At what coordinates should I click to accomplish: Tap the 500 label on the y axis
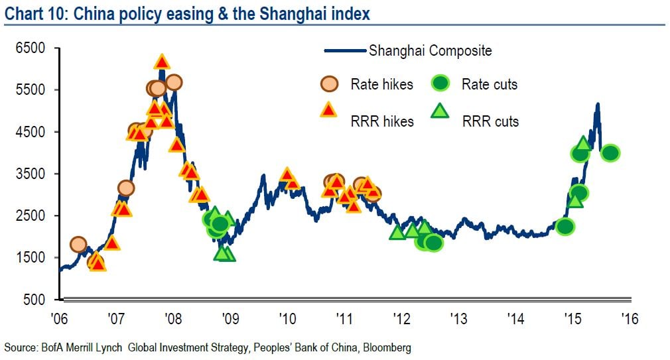point(35,300)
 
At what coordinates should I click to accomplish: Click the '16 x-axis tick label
point(629,319)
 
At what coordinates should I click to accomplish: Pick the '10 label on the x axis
point(287,319)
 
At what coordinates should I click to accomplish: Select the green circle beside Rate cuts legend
point(440,84)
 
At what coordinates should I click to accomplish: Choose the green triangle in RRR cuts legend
point(440,111)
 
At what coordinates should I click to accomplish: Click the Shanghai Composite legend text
point(430,51)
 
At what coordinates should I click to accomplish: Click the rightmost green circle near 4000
point(610,153)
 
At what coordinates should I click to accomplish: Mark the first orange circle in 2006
point(78,245)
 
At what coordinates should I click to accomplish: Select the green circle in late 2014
point(565,227)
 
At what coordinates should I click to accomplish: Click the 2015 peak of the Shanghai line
point(598,104)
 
